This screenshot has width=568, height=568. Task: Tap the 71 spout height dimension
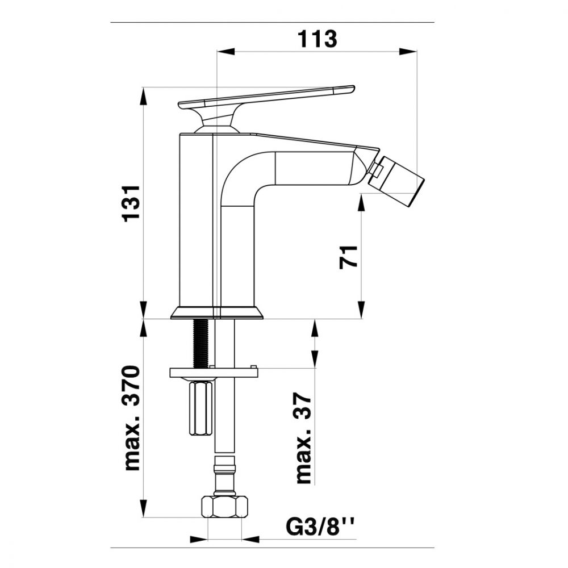pos(349,257)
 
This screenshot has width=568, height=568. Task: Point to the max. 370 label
pos(131,419)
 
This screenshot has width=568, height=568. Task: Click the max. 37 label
pos(303,438)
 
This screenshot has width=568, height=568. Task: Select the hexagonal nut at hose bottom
pos(224,507)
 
